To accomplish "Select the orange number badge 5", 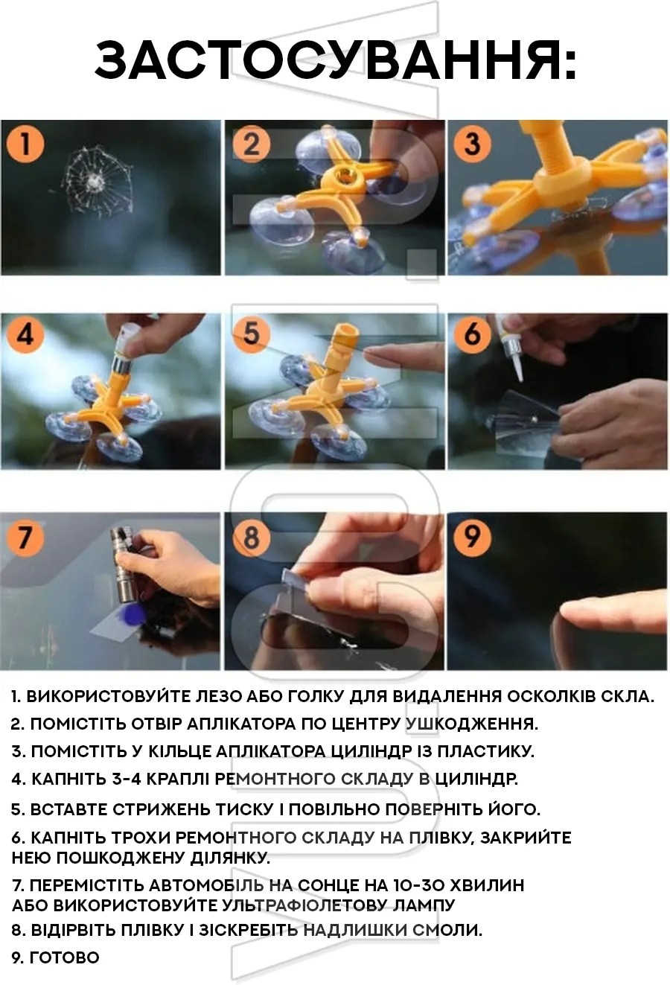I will point(251,334).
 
